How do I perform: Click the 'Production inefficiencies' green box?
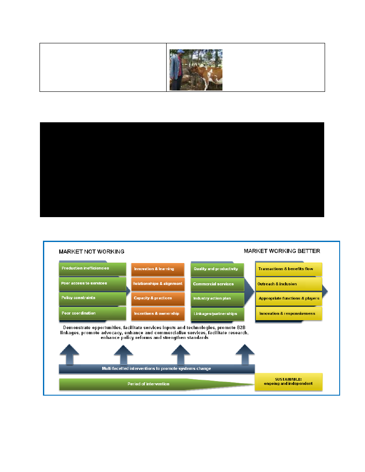coord(92,269)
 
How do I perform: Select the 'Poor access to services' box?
coord(92,284)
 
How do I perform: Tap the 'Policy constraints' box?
coord(92,298)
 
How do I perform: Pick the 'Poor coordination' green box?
coord(92,313)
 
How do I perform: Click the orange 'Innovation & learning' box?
coord(158,269)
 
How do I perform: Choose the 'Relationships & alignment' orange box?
coord(158,284)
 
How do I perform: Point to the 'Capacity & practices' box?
coord(158,298)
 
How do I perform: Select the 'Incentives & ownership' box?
coord(158,314)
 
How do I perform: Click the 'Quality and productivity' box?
coord(217,269)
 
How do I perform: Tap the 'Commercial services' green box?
coord(217,284)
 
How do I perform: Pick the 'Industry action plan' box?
coord(217,299)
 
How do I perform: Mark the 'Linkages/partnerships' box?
coord(217,314)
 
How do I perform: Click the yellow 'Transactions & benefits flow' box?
coord(289,269)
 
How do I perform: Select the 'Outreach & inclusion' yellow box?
coord(289,284)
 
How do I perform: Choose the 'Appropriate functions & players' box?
coord(289,298)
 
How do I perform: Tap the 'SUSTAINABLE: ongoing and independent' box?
coord(289,381)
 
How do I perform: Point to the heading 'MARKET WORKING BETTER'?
coord(282,251)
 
